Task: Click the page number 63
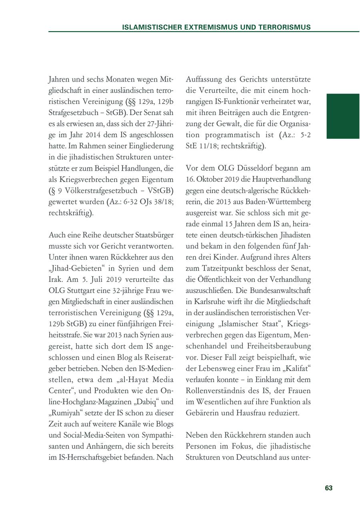pyautogui.click(x=328, y=488)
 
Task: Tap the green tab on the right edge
pyautogui.click(x=343, y=116)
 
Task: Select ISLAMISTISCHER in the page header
pyautogui.click(x=149, y=28)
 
